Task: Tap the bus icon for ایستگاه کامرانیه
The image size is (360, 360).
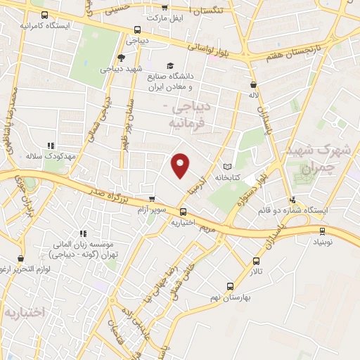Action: tap(45, 15)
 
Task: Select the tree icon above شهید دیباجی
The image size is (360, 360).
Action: tap(122, 58)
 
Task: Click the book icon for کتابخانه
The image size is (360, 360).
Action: tap(226, 167)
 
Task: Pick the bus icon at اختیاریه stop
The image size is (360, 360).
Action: tap(184, 212)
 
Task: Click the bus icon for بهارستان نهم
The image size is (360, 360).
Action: tap(230, 286)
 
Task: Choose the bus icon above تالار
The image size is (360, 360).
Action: tap(255, 259)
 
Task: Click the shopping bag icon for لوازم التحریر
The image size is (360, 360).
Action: tap(21, 258)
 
